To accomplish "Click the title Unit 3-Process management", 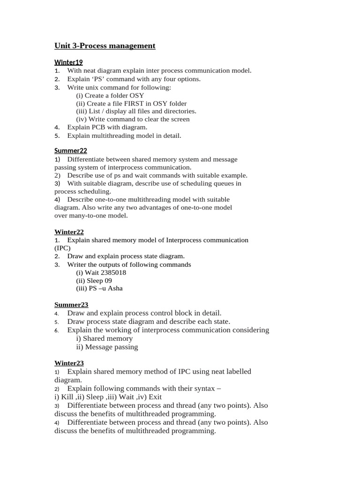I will [105, 45].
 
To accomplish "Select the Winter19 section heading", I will [68, 62].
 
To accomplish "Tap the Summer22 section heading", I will [71, 150].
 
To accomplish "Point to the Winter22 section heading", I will [69, 232].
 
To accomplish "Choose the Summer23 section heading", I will [71, 304].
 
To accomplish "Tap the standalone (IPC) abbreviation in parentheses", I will [62, 248].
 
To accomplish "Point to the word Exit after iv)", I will [155, 397].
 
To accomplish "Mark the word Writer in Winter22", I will [77, 264].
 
